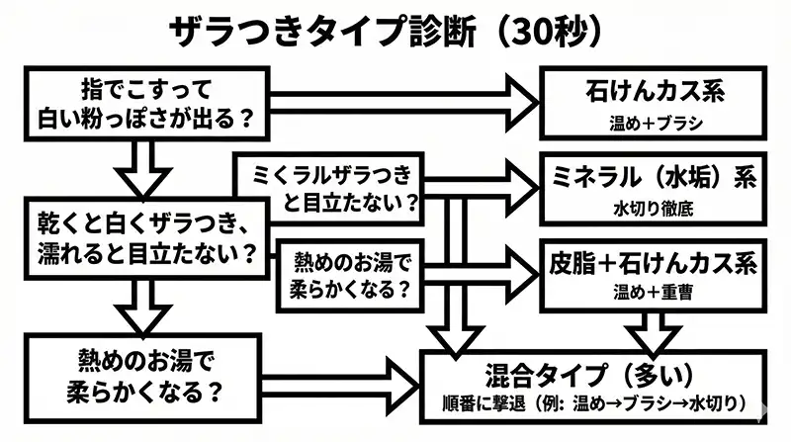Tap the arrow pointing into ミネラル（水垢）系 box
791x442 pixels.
pos(494,184)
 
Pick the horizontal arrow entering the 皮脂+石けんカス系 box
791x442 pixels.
pos(494,264)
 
